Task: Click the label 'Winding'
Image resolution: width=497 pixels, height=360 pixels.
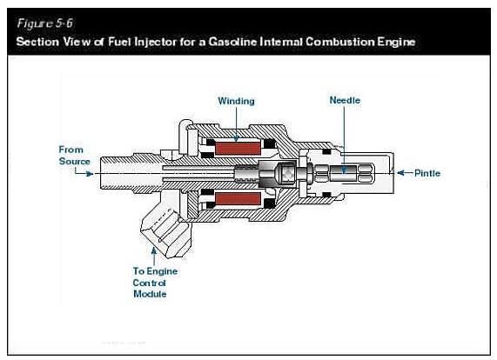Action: pyautogui.click(x=235, y=101)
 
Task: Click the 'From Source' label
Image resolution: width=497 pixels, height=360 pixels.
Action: pyautogui.click(x=74, y=155)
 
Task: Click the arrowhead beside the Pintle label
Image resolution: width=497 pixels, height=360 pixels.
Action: pyautogui.click(x=400, y=173)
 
